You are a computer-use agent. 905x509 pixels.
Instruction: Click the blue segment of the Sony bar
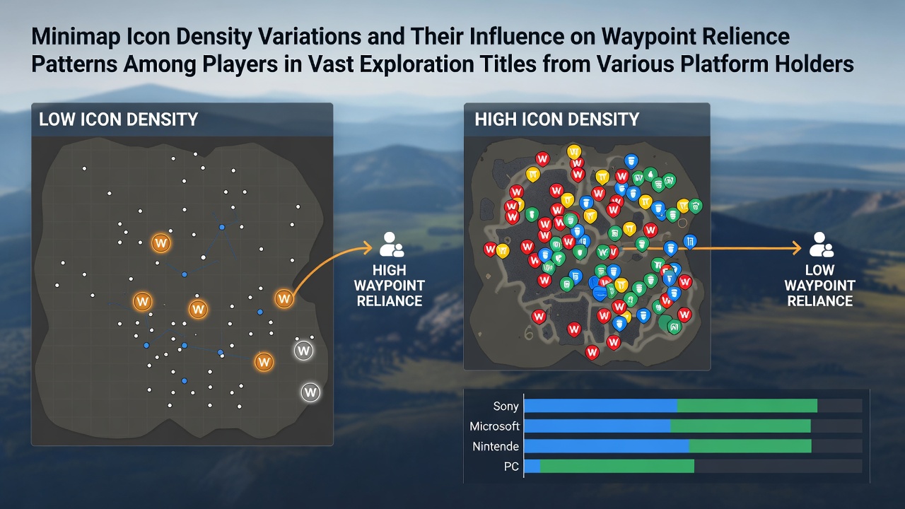[601, 406]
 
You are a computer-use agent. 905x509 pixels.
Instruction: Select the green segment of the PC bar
[617, 466]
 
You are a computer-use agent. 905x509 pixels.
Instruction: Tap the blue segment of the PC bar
[532, 466]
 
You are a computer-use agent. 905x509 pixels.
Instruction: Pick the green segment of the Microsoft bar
[740, 426]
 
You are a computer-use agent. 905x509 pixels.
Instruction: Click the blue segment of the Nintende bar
[607, 446]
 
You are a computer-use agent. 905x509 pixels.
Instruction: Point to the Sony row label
[506, 406]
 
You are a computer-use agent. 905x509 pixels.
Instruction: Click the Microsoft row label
[494, 426]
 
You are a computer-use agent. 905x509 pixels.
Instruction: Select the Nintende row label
[496, 446]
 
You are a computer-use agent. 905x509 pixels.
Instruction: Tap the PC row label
[511, 467]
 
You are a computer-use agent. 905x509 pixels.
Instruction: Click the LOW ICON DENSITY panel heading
[118, 119]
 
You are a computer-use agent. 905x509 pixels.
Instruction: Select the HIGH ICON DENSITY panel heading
[556, 119]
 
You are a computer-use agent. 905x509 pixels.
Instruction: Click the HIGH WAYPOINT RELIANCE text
[390, 286]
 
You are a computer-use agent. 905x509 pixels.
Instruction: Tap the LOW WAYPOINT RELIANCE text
[819, 286]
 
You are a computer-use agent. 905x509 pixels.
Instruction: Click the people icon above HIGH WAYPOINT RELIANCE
[392, 245]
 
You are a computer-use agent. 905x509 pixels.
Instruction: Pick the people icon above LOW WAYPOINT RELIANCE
[822, 245]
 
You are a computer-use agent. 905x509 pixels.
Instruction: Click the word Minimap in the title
[76, 37]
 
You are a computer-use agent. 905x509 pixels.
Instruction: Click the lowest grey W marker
[310, 392]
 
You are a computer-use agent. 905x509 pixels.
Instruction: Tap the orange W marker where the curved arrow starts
[284, 299]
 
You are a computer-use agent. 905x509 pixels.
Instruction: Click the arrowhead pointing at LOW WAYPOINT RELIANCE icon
[797, 248]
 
